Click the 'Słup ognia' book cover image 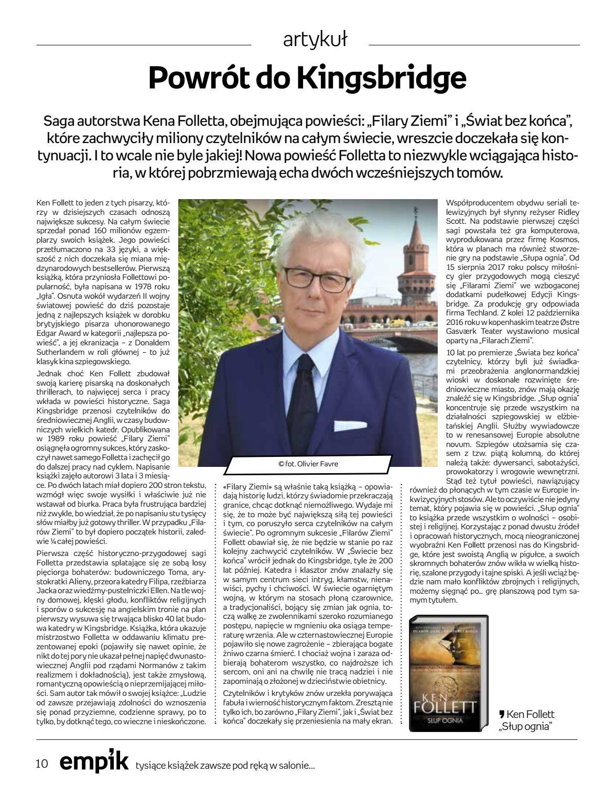pos(448,673)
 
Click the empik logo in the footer pos(93,763)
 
